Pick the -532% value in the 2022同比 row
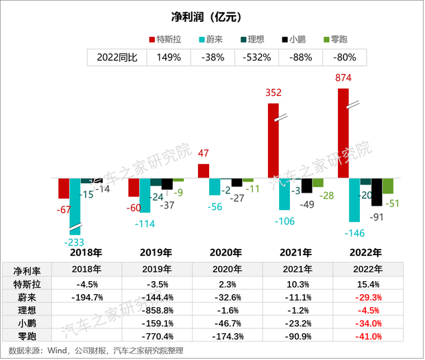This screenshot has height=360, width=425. click(256, 58)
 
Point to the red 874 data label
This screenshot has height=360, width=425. click(342, 78)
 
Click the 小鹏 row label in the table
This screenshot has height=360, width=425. click(22, 323)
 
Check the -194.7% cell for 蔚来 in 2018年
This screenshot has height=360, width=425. click(88, 296)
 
